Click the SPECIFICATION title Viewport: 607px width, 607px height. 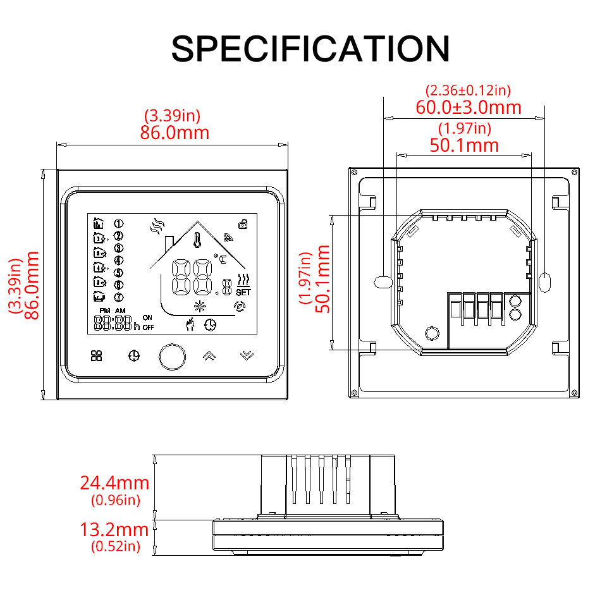[x=310, y=49]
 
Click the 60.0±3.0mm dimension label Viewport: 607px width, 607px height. [x=469, y=107]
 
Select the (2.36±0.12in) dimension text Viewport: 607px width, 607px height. [x=469, y=90]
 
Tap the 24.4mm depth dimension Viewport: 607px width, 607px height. [x=114, y=483]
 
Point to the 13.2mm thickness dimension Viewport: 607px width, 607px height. [x=114, y=530]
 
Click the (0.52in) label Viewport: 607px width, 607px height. [x=116, y=546]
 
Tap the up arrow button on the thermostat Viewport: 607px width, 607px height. [x=208, y=355]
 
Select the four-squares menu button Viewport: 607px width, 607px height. [x=97, y=356]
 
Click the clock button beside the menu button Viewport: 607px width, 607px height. [x=133, y=356]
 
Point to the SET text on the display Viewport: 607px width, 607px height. [x=243, y=292]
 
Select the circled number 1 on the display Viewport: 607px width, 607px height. [x=118, y=223]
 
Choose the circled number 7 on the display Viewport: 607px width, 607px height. [x=118, y=297]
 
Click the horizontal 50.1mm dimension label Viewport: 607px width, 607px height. [x=464, y=145]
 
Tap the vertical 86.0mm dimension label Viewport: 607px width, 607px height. [x=32, y=285]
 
